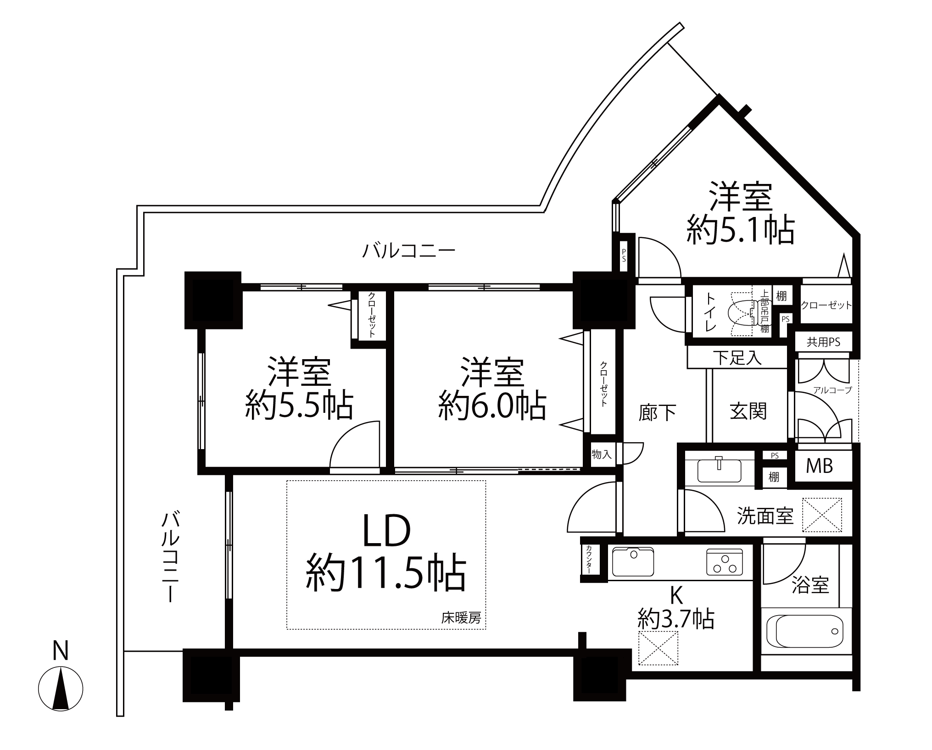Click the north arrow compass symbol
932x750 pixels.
tap(61, 689)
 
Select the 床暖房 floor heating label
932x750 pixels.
tap(461, 618)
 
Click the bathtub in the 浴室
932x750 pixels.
tap(809, 631)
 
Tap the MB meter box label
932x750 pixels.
tap(820, 466)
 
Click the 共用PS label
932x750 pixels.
tap(824, 342)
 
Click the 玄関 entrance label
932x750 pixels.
tap(748, 411)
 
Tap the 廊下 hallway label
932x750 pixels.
tap(657, 413)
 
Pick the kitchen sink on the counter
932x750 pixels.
tap(633, 562)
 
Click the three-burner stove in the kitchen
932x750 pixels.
tap(725, 562)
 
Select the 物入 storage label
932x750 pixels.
tap(602, 455)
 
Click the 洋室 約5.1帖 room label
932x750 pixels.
tap(740, 213)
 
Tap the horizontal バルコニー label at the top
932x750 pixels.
tap(409, 251)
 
